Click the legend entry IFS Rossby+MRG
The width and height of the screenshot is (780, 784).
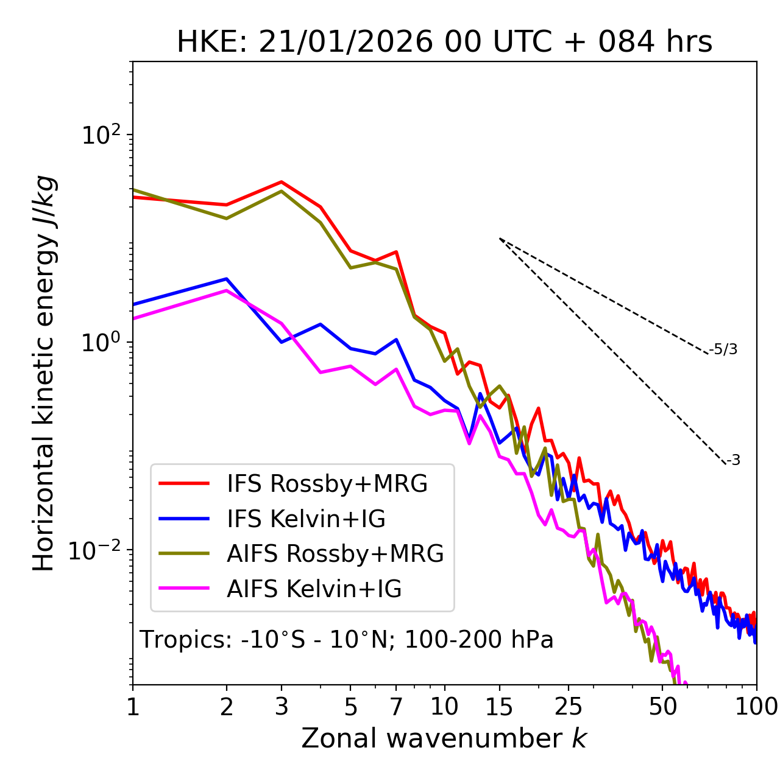327,483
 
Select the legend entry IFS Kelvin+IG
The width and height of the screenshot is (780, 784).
306,519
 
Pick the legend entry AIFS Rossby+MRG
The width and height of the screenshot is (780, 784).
335,554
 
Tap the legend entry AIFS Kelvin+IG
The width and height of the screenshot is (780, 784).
314,589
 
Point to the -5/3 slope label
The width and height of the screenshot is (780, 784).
723,349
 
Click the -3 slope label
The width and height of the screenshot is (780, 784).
733,460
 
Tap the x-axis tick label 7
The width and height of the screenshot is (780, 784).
396,707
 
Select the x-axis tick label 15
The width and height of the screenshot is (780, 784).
499,707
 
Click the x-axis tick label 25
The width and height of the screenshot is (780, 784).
569,707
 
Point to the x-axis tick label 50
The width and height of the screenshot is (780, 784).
662,707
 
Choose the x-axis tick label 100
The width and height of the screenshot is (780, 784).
756,707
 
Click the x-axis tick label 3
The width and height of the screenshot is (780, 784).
282,707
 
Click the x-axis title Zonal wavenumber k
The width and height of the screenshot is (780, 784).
444,738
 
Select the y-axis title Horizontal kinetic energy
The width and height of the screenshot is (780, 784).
44,374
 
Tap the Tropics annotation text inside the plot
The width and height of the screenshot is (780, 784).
347,640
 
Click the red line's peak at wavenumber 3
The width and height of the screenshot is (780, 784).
282,182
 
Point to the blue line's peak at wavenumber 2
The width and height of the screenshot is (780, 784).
227,279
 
